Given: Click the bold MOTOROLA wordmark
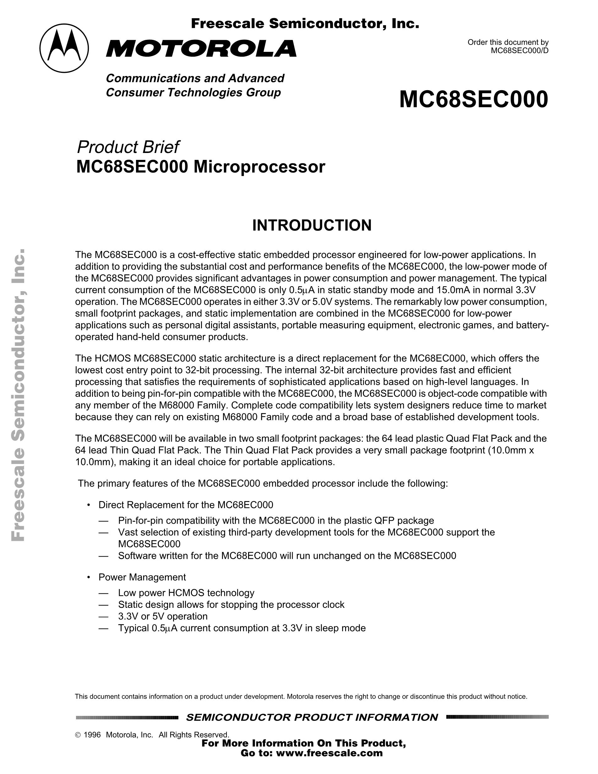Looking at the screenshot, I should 201,49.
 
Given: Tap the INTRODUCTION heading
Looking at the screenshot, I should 312,226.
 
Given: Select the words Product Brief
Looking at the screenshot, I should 128,147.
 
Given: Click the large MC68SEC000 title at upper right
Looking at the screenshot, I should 473,100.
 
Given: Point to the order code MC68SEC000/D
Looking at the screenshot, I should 519,50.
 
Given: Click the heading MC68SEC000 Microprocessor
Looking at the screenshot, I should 200,167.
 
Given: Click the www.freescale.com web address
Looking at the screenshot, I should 329,753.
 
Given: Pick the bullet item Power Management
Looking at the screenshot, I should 142,577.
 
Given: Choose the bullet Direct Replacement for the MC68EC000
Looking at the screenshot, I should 186,505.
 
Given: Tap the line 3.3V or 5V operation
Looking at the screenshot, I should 163,616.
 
